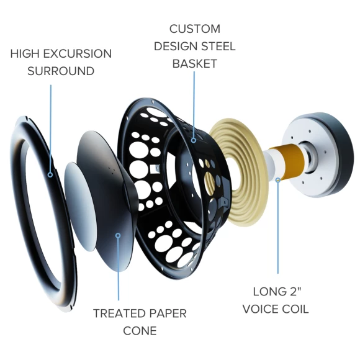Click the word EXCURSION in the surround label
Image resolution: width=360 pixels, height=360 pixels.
78,54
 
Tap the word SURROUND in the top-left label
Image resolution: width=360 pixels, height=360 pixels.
61,71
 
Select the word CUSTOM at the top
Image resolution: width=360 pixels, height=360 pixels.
195,29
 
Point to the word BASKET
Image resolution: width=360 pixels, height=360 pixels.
195,63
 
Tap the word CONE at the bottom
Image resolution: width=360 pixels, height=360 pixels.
140,331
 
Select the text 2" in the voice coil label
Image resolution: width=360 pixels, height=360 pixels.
295,292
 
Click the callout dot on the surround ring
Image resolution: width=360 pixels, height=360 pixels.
50,175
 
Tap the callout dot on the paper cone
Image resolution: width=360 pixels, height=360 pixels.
118,236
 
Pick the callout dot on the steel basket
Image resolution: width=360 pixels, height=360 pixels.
194,140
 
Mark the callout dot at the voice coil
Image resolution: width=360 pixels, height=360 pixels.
278,180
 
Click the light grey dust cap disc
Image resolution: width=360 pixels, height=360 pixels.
80,207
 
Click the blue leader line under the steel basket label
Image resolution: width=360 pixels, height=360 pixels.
194,104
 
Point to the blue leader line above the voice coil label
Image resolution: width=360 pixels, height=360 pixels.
278,228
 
